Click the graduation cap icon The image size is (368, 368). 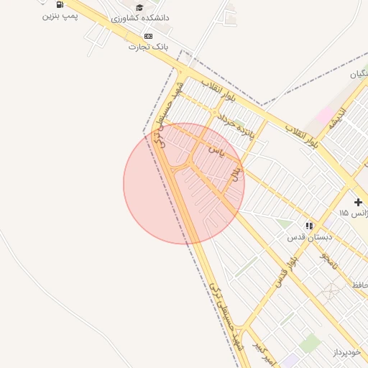[139, 7]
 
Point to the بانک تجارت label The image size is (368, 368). [147, 47]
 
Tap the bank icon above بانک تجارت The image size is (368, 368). [148, 36]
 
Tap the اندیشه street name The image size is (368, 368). [337, 119]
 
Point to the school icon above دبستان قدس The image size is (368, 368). [309, 226]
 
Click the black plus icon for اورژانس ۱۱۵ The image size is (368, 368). [358, 203]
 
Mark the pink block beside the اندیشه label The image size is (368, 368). [324, 116]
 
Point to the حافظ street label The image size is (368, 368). [359, 285]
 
